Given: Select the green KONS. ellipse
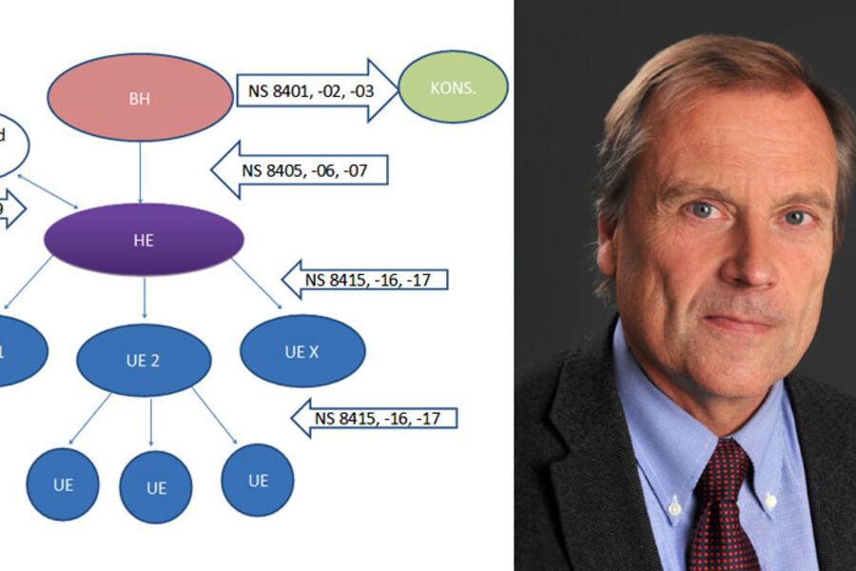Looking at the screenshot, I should pos(453,88).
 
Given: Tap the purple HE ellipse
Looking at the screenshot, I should pos(144,239).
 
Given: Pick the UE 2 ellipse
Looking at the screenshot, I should pos(144,360).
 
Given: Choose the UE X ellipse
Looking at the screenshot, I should pos(302,350).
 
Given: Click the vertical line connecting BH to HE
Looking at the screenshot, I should pos(141,171).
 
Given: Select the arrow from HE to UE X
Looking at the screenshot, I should pos(257,283).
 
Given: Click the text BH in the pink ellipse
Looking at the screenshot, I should pos(139,97).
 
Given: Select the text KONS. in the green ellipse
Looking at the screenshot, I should pos(454,88).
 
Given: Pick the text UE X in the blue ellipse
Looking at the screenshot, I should pos(302,352).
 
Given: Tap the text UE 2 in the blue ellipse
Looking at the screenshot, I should pos(143,362).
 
